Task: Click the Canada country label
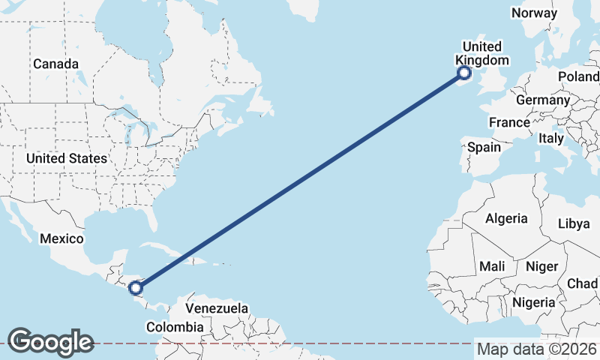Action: pos(55,64)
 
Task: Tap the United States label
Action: pos(66,158)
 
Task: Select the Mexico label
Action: pos(60,238)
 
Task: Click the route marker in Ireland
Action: pos(464,73)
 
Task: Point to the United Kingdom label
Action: pos(482,53)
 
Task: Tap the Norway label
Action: pos(534,13)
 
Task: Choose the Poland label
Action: pos(579,76)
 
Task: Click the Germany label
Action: pos(543,100)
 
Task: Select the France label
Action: pos(509,122)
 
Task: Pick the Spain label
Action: pos(484,147)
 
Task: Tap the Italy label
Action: pos(551,139)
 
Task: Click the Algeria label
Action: pos(506,218)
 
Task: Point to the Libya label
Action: pos(574,223)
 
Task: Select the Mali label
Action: pos(492,266)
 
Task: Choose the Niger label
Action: pos(542,266)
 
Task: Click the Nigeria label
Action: pos(534,302)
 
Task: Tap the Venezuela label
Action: pos(217,308)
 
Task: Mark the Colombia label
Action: pos(174,327)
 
